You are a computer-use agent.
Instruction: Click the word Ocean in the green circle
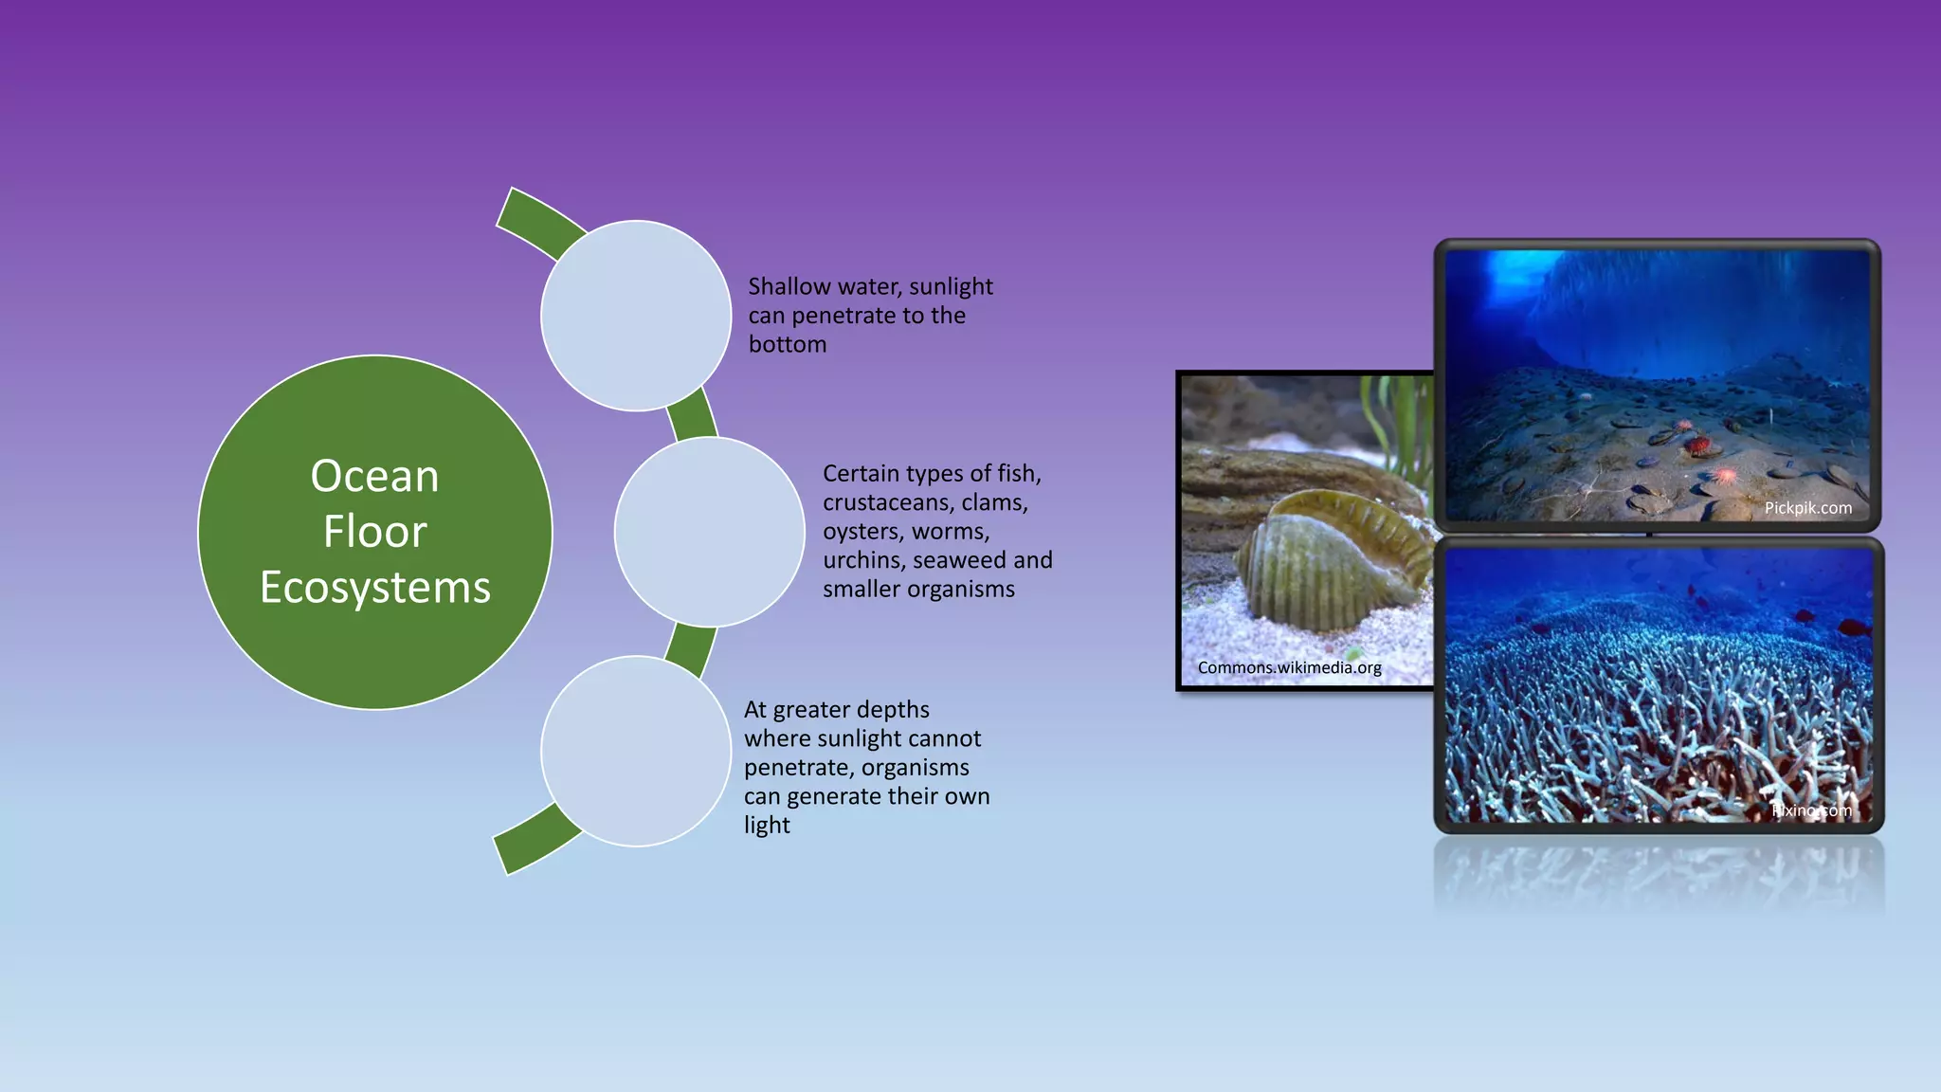click(374, 477)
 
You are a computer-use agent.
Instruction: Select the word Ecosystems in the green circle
click(375, 588)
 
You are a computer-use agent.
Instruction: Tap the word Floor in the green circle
click(374, 532)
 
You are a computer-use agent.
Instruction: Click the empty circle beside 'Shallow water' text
click(636, 316)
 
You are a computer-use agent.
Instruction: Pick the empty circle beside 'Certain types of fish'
click(709, 532)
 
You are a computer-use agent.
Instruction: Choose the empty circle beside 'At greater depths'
click(636, 751)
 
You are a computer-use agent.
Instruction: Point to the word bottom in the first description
click(788, 345)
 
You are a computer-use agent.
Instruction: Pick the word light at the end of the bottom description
click(767, 826)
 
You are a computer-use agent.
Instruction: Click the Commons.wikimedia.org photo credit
click(1289, 668)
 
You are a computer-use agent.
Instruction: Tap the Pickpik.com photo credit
click(1807, 508)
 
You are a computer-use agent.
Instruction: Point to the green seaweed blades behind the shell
click(1398, 417)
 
